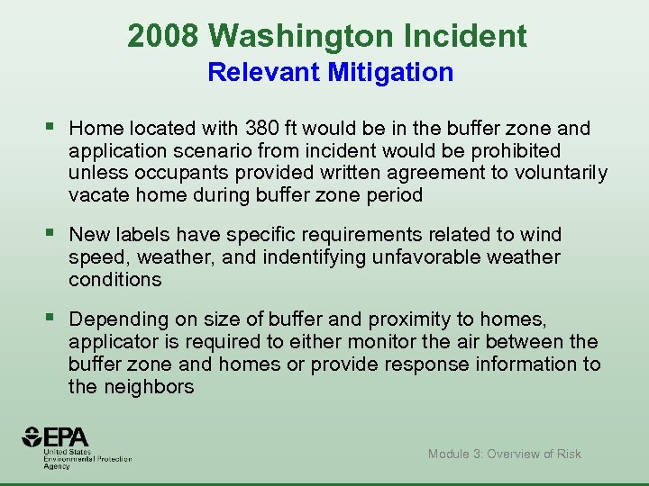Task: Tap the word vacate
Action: (97, 195)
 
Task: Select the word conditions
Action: (114, 280)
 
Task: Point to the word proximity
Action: (397, 319)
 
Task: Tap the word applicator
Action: (112, 342)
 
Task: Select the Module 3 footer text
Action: (504, 454)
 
